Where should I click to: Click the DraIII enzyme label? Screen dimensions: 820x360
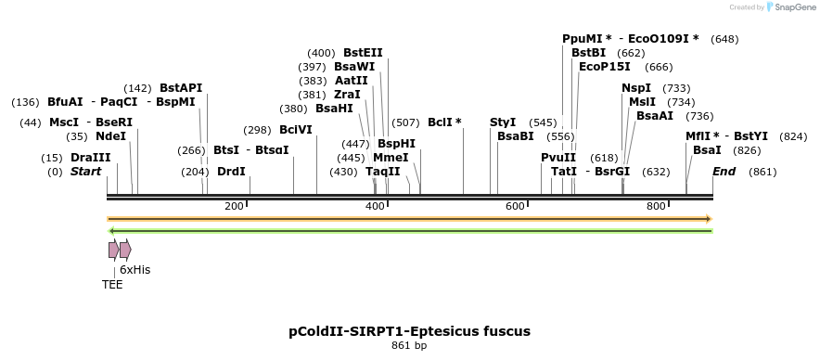click(90, 158)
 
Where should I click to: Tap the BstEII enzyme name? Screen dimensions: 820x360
click(363, 53)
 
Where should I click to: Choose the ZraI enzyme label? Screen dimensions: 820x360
click(348, 95)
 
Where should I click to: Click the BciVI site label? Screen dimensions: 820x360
click(296, 130)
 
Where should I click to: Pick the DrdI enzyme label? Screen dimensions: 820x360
click(231, 172)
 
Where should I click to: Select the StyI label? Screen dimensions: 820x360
click(503, 122)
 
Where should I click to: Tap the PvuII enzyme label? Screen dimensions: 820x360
click(558, 158)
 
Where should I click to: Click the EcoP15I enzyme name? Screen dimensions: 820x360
click(605, 67)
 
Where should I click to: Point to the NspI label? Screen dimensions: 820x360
click(636, 88)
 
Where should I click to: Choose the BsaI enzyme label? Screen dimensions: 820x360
click(707, 150)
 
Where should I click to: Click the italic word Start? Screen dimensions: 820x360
click(85, 172)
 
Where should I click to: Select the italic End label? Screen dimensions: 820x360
click(724, 172)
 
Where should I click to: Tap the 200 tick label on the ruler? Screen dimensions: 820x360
click(234, 206)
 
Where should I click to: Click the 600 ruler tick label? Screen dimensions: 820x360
click(516, 206)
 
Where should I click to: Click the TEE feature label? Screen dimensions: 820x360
click(112, 285)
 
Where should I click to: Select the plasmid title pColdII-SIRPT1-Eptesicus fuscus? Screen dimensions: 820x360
click(409, 330)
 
